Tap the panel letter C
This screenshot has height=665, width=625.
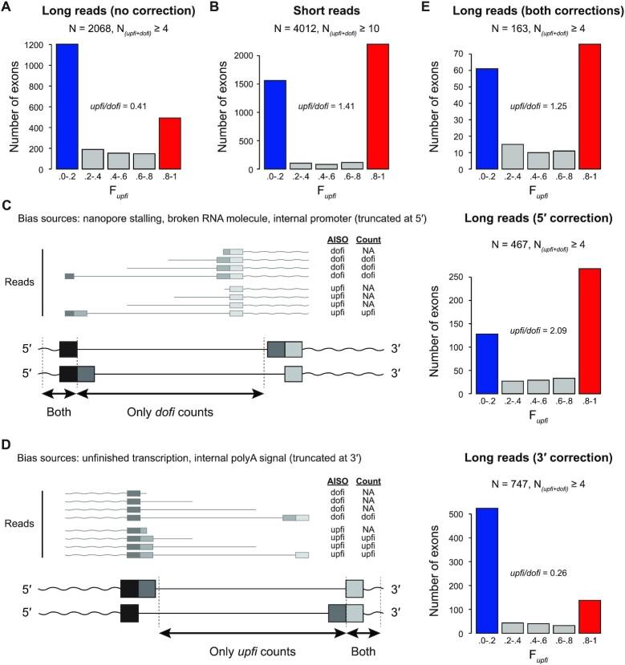(x=6, y=206)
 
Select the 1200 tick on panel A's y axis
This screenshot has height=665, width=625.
(x=35, y=45)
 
